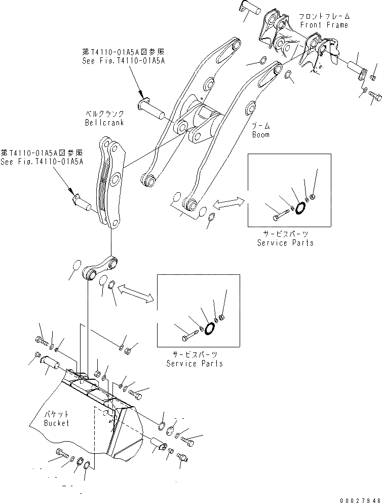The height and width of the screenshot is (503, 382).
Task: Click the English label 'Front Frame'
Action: [324, 25]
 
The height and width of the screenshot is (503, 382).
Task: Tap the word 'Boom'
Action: [260, 135]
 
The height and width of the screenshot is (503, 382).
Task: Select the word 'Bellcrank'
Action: [104, 123]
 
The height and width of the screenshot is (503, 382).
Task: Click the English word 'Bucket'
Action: [56, 423]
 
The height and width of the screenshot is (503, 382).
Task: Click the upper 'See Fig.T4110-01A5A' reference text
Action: [124, 61]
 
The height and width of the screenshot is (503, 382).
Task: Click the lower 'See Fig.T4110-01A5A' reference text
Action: [42, 161]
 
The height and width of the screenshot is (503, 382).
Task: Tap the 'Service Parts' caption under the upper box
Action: [285, 243]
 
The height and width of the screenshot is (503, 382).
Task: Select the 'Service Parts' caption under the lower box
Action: [195, 364]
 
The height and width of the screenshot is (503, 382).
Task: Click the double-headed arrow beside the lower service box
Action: [134, 294]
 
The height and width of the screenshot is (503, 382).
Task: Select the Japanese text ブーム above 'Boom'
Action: [260, 125]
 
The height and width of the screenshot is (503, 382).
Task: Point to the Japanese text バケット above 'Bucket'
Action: [55, 414]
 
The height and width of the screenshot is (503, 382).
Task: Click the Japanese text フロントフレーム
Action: [325, 16]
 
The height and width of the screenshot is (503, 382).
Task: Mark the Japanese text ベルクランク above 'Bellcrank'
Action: [104, 114]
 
